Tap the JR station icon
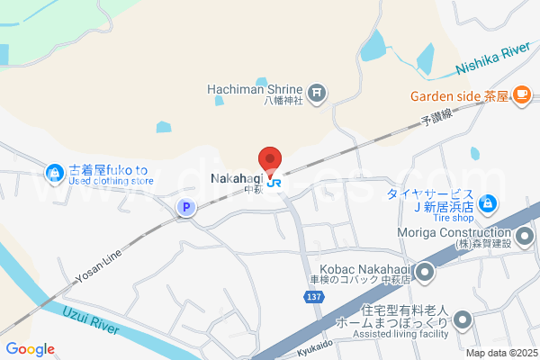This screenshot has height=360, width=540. coord(273,178)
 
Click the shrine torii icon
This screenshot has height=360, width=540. coord(317,91)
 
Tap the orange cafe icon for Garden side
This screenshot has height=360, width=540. coord(521,94)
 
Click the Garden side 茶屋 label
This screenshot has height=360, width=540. coord(459,94)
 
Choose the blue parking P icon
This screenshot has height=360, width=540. coord(185,208)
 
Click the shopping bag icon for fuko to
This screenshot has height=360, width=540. coord(54,171)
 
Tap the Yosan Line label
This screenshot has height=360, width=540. coord(99,267)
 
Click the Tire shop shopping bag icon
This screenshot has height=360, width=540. coord(487,205)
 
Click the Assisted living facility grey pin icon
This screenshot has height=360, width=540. coord(463,319)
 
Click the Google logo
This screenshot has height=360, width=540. coord(30,349)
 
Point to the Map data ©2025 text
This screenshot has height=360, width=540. coord(500,353)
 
